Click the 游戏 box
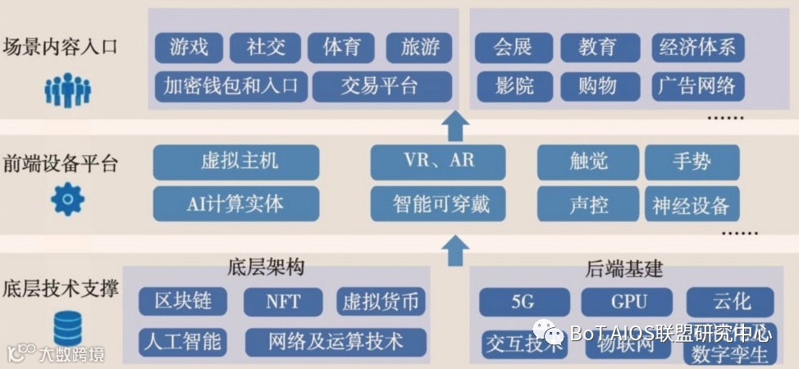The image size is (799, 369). (x=189, y=48)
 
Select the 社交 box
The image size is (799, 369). (x=266, y=48)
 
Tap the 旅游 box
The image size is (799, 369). (x=420, y=48)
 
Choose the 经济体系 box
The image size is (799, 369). (x=697, y=48)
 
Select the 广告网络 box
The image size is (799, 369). (x=697, y=85)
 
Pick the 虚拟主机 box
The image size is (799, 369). (x=235, y=161)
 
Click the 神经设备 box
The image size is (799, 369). (x=692, y=204)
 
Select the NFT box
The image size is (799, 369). (x=283, y=302)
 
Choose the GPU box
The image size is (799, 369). (x=626, y=302)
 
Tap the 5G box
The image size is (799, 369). (x=523, y=302)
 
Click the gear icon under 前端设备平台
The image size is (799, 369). (x=67, y=199)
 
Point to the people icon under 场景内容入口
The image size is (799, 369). (x=67, y=90)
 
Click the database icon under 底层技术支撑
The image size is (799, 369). (x=67, y=329)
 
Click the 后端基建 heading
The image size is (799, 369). (x=624, y=269)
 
